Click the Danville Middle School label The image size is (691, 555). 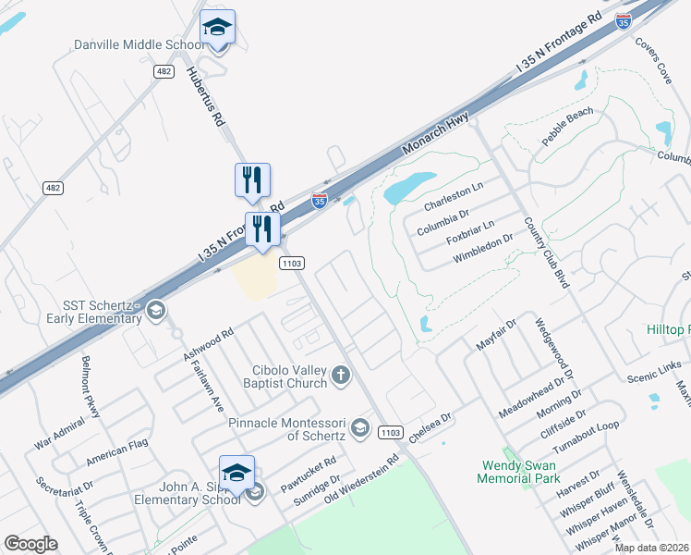(139, 44)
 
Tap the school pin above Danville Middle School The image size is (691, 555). (217, 28)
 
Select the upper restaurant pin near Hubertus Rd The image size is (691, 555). (252, 180)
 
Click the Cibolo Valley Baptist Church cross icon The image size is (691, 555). (341, 376)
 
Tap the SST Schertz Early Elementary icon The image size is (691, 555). (155, 312)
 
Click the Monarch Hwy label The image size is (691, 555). (437, 135)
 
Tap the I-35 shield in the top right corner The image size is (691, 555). (624, 19)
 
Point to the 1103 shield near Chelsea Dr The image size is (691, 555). (391, 432)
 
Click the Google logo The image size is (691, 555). (30, 543)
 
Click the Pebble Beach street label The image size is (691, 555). (567, 127)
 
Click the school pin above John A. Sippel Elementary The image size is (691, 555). (236, 474)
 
